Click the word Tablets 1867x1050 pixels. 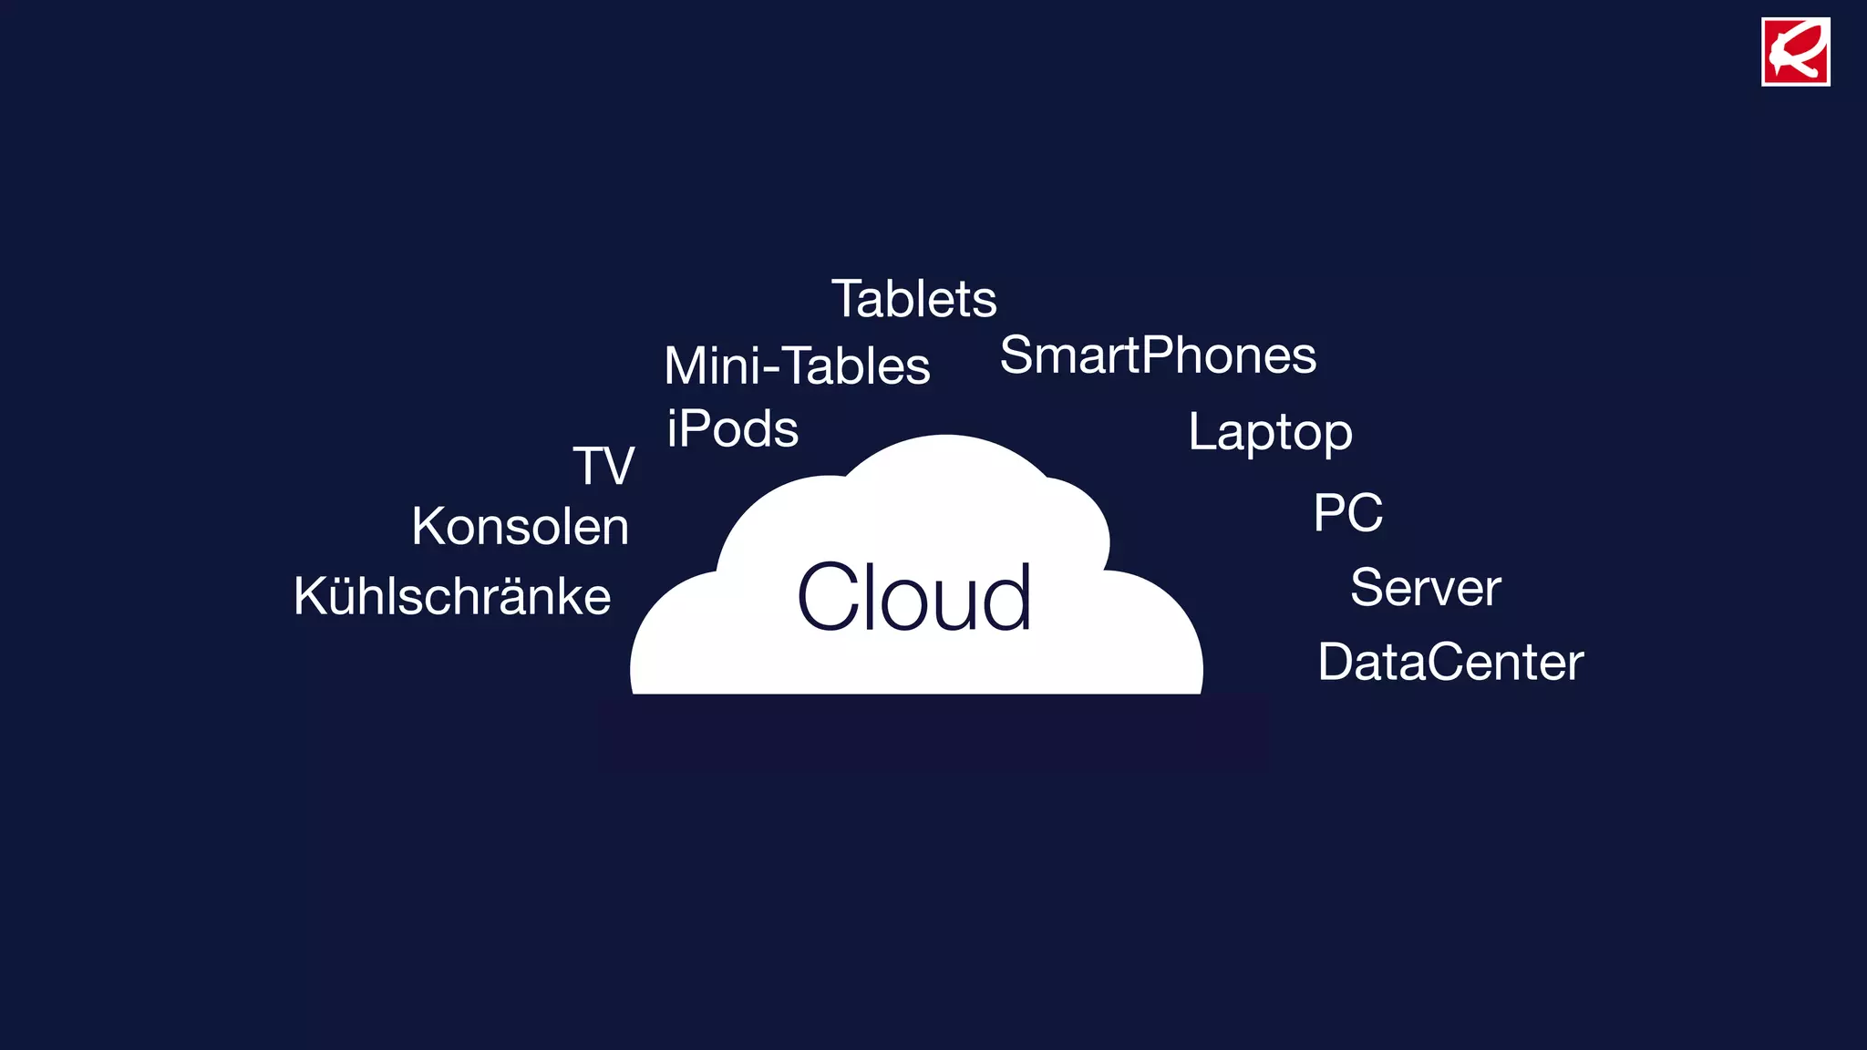click(913, 299)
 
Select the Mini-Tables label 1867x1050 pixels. click(797, 365)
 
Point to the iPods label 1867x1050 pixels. click(732, 428)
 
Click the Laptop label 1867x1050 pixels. click(1270, 432)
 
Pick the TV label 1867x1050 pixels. click(603, 466)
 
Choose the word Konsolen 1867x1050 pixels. click(520, 527)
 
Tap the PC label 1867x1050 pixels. click(1347, 512)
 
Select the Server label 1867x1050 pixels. click(1425, 587)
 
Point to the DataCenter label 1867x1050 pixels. click(1450, 662)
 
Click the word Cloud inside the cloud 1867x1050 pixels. click(914, 597)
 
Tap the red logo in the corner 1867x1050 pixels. click(1795, 52)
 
